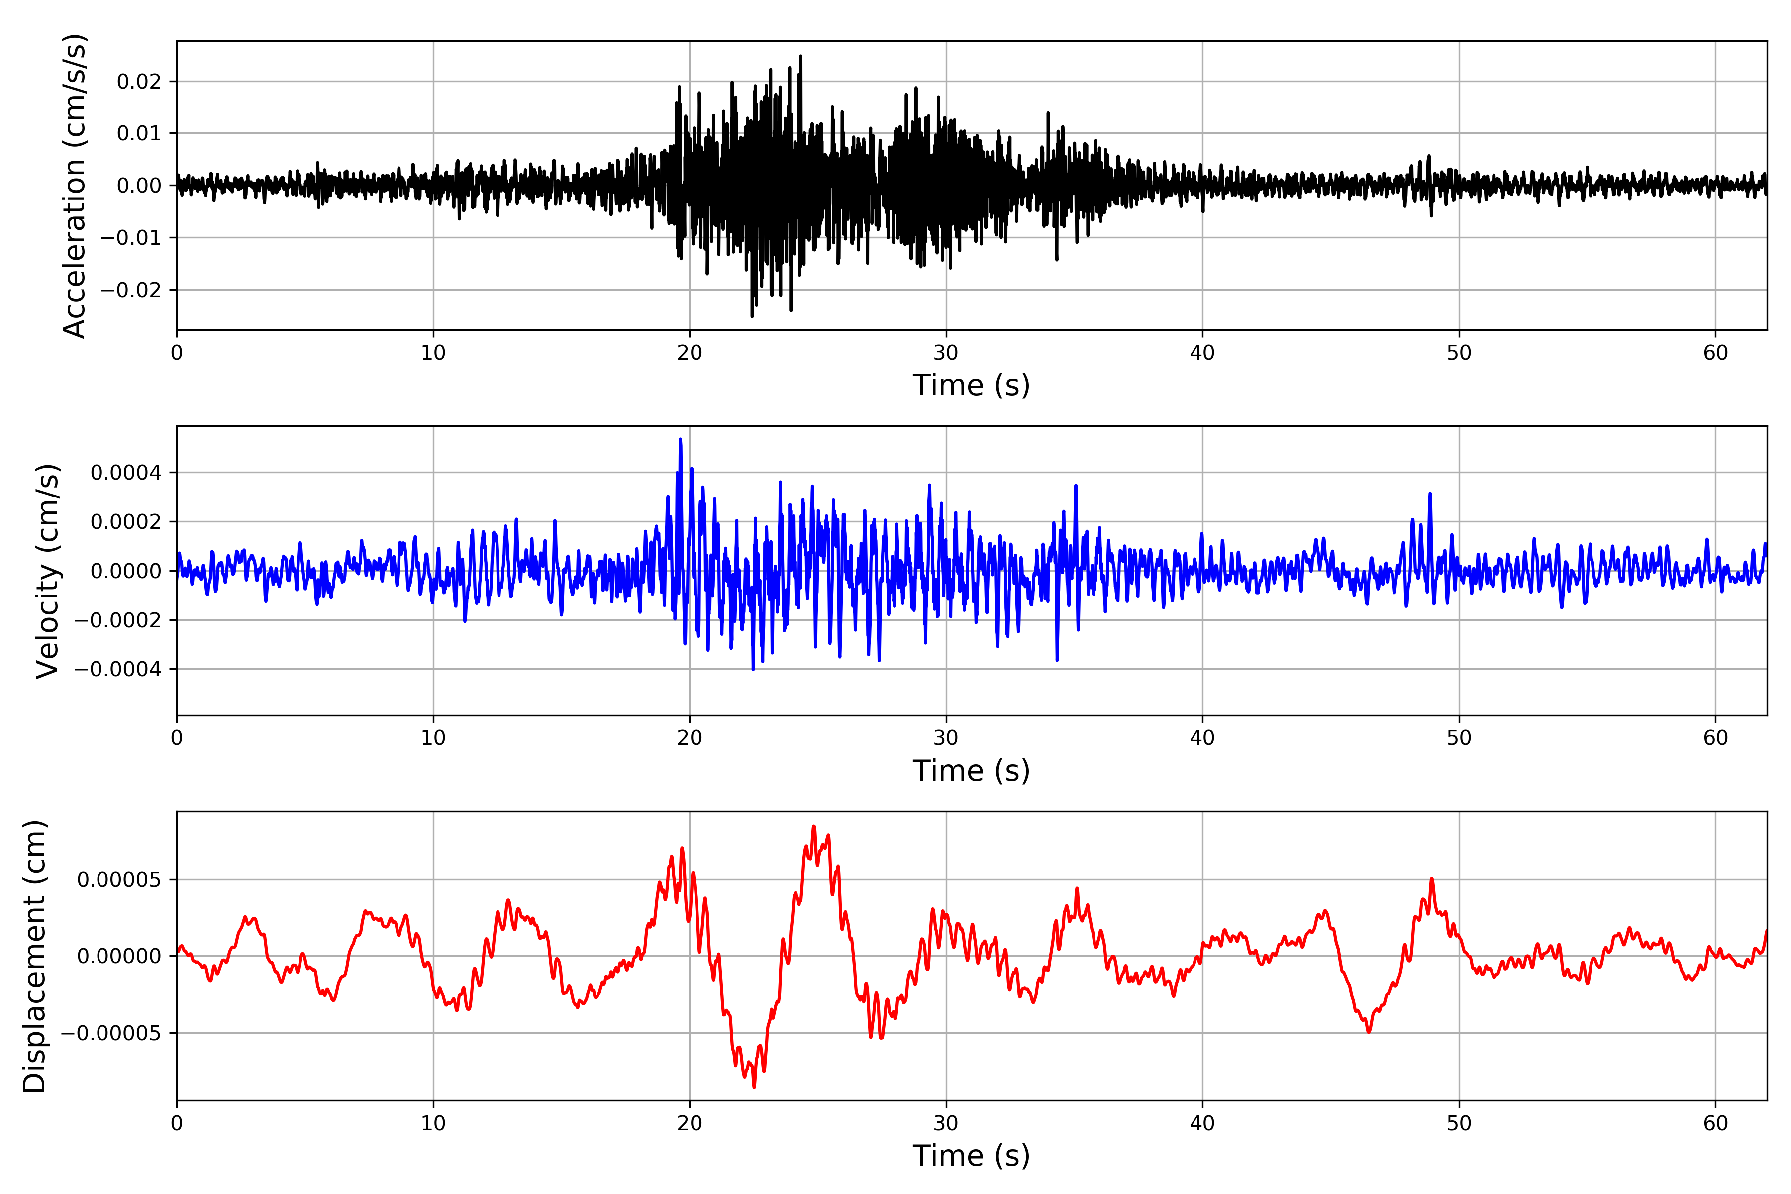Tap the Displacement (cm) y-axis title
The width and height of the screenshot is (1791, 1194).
coord(34,956)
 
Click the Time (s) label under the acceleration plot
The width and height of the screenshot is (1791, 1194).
coord(971,385)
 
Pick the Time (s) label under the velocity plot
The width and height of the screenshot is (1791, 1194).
coord(971,771)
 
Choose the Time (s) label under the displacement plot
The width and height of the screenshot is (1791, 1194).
coord(971,1156)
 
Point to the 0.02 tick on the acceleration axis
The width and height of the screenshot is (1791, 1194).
coord(139,82)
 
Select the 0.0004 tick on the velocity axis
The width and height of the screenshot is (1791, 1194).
coord(126,473)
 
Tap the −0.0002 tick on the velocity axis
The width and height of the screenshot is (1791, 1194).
coord(117,620)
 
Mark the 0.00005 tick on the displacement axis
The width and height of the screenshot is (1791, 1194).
coord(119,880)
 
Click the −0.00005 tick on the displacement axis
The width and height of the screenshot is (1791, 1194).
coord(110,1033)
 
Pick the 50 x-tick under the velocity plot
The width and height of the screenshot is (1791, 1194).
coord(1459,738)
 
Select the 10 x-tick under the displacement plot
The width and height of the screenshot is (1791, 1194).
coord(433,1123)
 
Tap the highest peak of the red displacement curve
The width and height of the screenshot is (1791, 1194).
coord(813,826)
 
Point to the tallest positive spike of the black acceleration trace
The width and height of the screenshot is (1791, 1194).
coord(800,56)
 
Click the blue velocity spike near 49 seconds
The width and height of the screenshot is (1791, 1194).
coord(1430,494)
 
